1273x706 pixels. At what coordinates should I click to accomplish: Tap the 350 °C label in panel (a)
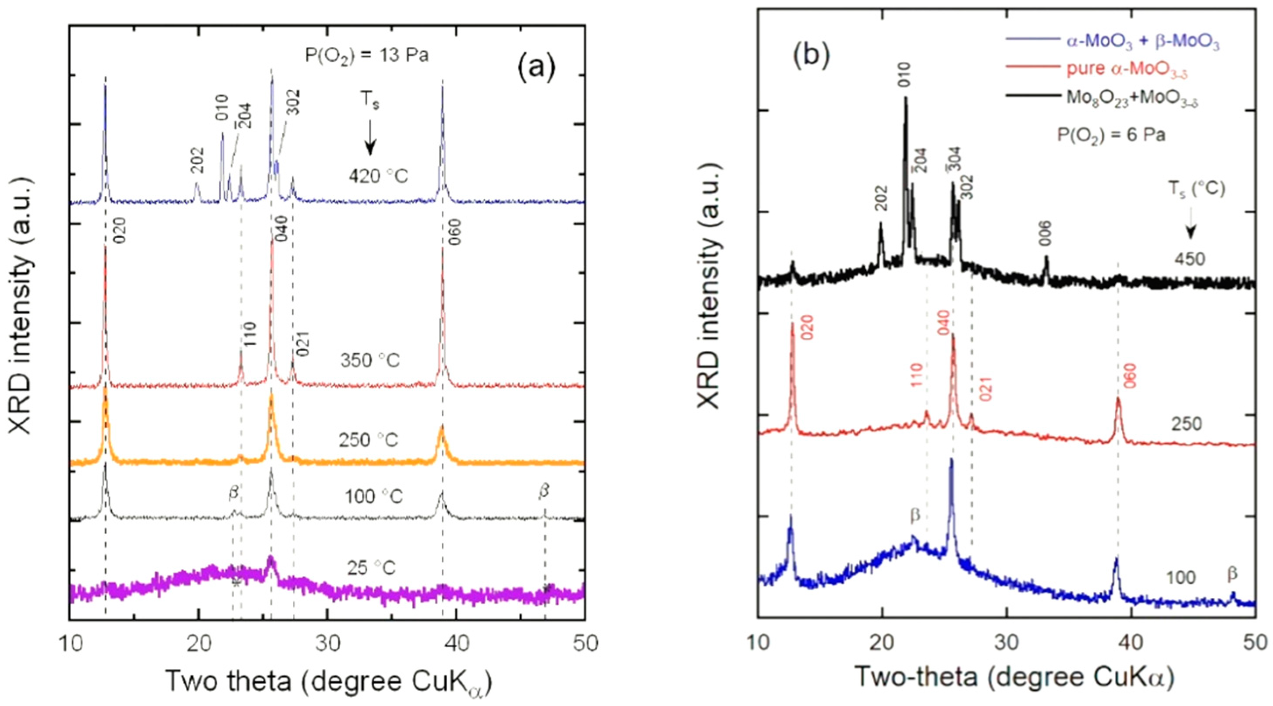(370, 360)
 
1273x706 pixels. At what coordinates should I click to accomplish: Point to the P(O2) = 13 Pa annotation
(367, 55)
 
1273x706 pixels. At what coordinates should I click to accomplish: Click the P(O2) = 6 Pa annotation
(1111, 134)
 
